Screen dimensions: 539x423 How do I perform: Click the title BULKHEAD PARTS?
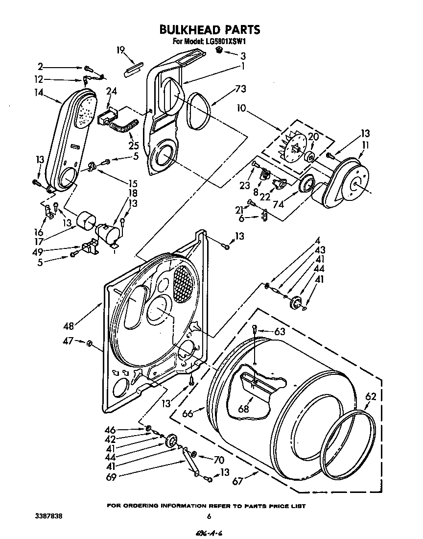point(210,30)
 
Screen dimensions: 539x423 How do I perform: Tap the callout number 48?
point(69,325)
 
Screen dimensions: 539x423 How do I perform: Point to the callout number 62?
point(371,398)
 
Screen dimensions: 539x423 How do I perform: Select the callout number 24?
point(112,91)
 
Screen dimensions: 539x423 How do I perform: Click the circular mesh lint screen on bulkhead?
point(184,284)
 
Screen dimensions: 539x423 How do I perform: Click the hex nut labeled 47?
point(90,343)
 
